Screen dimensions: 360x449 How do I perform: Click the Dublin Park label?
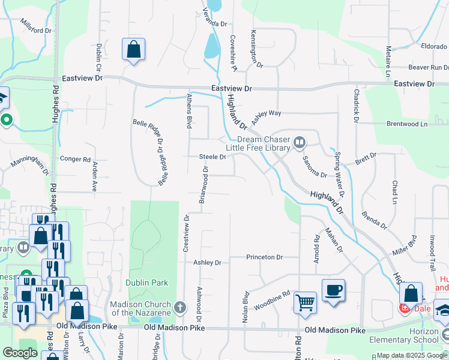coord(147,283)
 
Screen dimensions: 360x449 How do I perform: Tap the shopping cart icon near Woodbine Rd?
coord(306,301)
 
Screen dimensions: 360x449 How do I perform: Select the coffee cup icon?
coord(334,291)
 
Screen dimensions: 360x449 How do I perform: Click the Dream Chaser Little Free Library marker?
coord(300,143)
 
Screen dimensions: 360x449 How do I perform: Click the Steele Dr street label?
coord(212,157)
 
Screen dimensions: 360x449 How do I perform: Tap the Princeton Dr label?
coord(264,257)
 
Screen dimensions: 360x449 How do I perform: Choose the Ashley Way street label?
coord(267,113)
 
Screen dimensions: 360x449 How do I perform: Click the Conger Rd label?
coord(76,159)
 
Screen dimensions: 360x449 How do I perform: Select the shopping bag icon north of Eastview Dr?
coord(133,49)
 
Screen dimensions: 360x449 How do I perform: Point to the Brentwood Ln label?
coord(407,124)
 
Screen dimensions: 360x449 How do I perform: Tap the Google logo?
coord(20,353)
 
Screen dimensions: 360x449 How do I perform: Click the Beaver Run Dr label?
coord(429,68)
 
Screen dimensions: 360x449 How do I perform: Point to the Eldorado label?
coord(434,46)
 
